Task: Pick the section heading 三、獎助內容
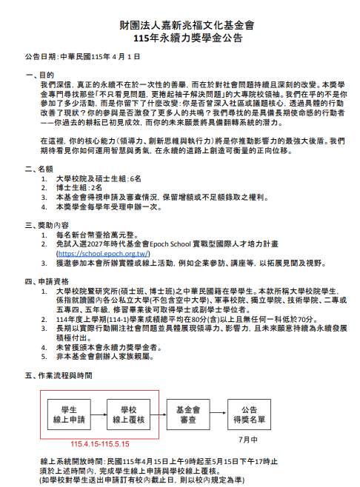click(48, 224)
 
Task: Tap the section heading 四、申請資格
click(48, 281)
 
